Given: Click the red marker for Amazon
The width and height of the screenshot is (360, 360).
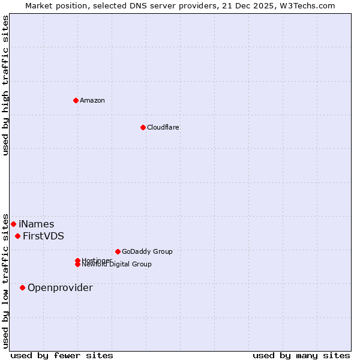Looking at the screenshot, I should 76,100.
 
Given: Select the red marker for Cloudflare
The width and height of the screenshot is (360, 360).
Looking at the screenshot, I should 143,127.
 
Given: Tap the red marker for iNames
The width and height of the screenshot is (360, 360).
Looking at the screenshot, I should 13,224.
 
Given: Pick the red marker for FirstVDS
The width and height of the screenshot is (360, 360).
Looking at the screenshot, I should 18,236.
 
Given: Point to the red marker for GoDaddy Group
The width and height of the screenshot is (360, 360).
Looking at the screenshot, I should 118,251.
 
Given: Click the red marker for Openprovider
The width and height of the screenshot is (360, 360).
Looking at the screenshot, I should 23,287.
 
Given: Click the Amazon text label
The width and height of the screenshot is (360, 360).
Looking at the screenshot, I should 92,100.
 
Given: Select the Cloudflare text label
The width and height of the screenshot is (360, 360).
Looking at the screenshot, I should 163,127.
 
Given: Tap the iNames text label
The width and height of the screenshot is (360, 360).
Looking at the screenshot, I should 36,224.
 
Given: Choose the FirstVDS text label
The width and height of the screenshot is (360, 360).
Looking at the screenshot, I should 43,236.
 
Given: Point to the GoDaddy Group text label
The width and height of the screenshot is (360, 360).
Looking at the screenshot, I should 147,251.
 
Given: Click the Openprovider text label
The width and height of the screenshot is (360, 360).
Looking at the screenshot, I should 60,288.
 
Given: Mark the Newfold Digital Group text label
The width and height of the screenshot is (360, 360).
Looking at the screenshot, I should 116,264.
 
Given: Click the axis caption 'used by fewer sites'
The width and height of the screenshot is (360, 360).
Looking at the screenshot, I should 62,355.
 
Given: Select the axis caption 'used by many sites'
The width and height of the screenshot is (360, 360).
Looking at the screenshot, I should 301,355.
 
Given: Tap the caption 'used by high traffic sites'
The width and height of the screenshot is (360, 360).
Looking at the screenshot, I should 5,85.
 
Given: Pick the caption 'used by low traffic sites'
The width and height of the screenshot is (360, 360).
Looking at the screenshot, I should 5,280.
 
